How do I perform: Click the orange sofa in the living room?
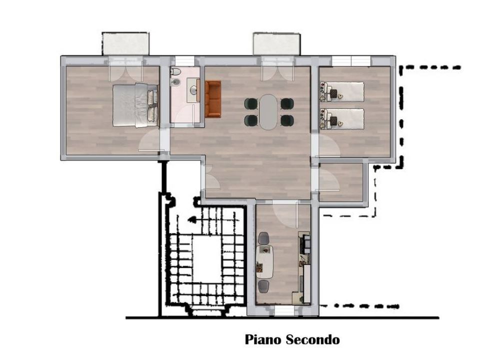point(213,99)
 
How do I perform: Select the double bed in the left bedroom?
point(135,105)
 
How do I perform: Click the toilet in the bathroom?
point(175,71)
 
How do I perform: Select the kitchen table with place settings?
point(265,261)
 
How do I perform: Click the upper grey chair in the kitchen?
point(264,238)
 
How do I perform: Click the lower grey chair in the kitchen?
point(263,286)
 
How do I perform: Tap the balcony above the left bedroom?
point(125,43)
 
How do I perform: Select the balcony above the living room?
point(276,44)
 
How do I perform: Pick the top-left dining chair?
point(250,104)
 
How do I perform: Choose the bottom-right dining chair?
point(287,120)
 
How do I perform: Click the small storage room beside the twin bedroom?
point(341,182)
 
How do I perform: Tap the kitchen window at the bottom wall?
point(284,311)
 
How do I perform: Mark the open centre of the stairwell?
point(206,259)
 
